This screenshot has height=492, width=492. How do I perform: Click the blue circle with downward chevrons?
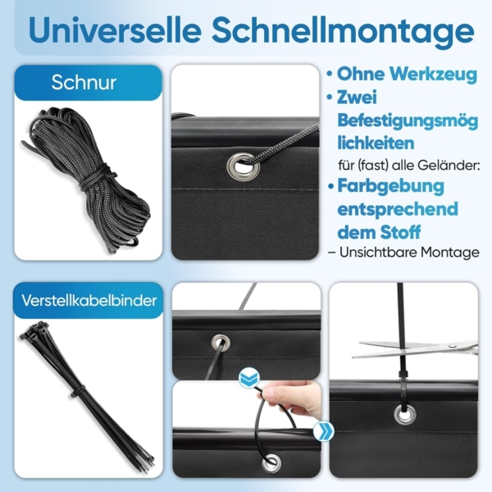coord(249,378)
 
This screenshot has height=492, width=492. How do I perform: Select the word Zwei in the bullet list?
coord(359,97)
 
